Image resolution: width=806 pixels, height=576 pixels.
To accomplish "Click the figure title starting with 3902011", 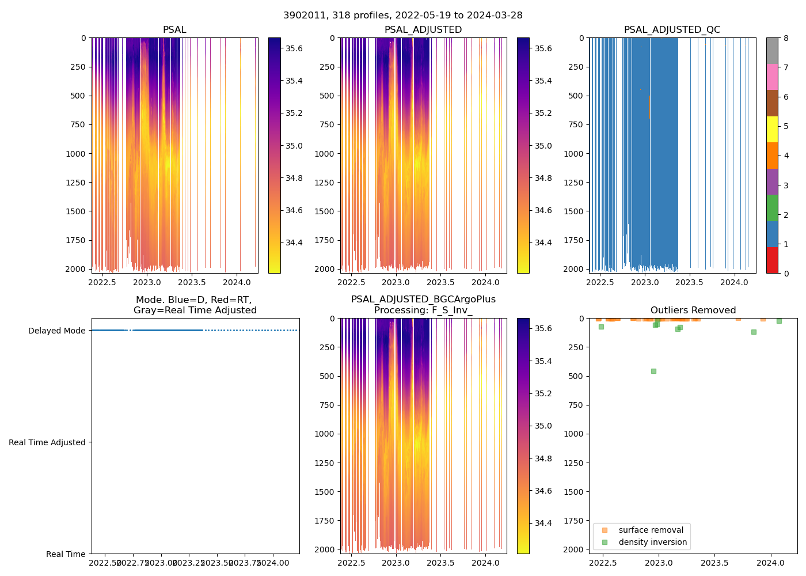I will [x=402, y=16].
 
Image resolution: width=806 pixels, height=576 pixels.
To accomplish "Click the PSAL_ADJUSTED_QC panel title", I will [x=672, y=30].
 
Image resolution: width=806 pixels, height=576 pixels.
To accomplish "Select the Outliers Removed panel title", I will [x=693, y=310].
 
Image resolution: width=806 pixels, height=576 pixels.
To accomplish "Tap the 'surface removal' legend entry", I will [x=651, y=530].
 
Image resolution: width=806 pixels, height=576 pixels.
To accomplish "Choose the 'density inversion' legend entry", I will [x=652, y=542].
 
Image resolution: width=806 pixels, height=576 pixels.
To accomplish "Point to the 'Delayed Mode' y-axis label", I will [x=56, y=331].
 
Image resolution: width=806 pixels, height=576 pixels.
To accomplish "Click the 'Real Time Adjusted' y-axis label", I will [x=47, y=442].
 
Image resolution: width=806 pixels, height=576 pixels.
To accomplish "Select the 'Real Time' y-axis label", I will [x=66, y=554].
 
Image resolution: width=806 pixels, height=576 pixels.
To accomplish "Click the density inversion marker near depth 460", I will [x=653, y=371].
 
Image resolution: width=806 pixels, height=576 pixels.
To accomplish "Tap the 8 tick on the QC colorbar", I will [x=786, y=38].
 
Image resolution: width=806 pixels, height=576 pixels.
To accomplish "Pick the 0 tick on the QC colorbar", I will [x=786, y=273].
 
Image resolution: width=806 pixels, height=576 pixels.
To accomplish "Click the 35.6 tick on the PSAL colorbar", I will [x=294, y=48].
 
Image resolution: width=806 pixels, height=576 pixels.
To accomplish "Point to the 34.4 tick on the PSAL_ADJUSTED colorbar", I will [x=543, y=242].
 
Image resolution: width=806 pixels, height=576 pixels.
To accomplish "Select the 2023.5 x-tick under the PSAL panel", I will [x=192, y=282].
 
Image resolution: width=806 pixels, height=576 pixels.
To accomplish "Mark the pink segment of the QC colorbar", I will [x=772, y=77].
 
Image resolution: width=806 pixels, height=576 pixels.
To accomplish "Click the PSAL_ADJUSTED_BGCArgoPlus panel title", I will [x=423, y=305].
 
